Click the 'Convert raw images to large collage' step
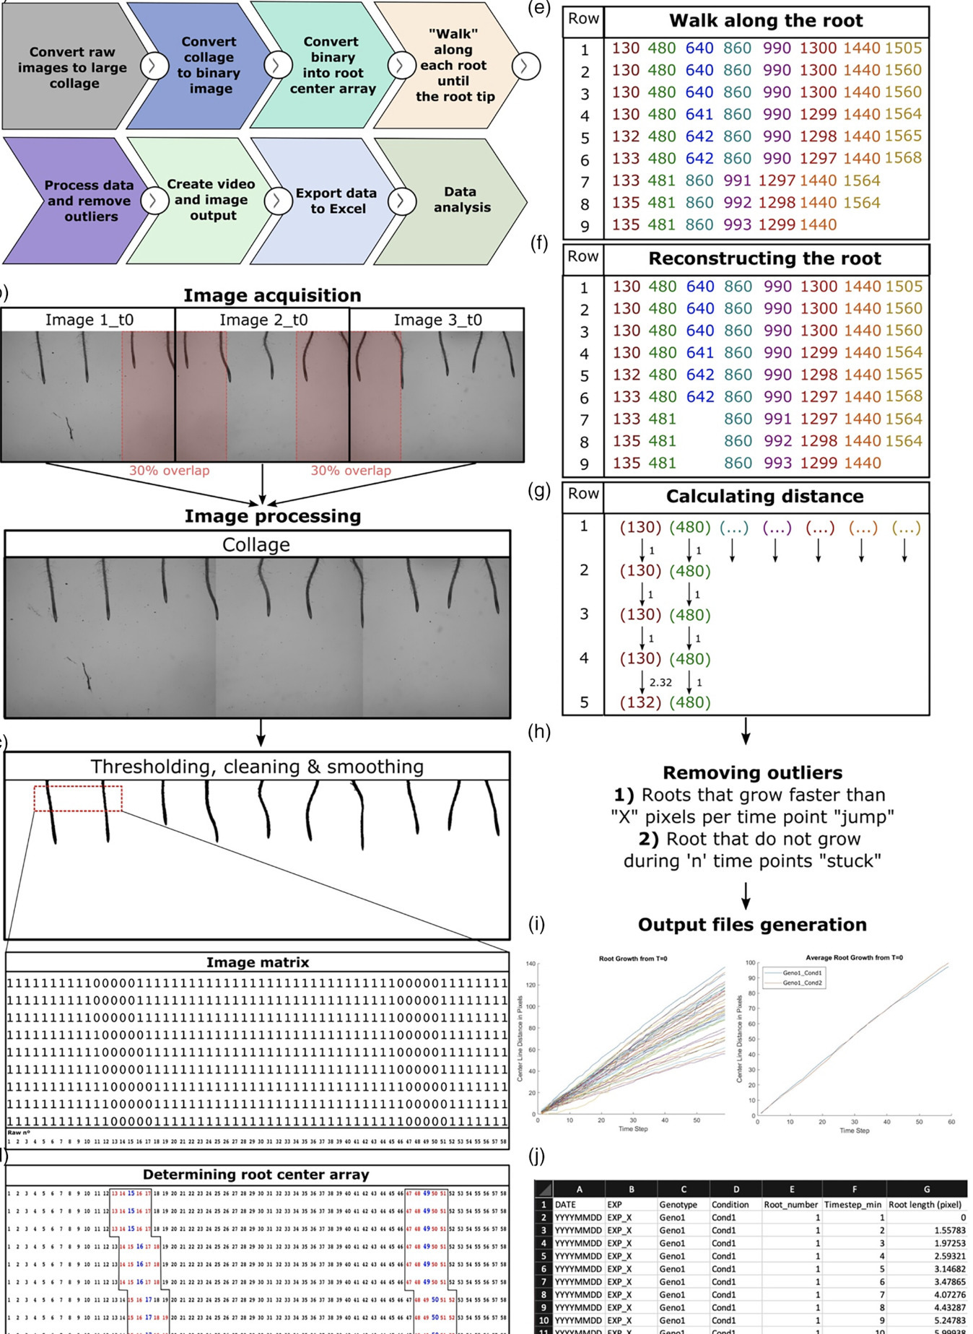(x=72, y=67)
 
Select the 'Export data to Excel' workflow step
(x=336, y=201)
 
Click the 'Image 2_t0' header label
(x=263, y=320)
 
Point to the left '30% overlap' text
(x=170, y=471)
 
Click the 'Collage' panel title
(x=256, y=544)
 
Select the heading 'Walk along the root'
(x=766, y=21)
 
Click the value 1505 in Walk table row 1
(x=903, y=48)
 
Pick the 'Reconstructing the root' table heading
(x=764, y=258)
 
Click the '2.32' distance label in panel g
(x=660, y=682)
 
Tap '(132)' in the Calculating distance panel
(x=640, y=702)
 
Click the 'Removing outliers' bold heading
(x=752, y=772)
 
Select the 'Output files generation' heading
(x=752, y=925)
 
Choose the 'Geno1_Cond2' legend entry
(x=802, y=982)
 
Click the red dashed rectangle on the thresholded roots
(x=78, y=798)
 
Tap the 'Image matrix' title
(x=258, y=962)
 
